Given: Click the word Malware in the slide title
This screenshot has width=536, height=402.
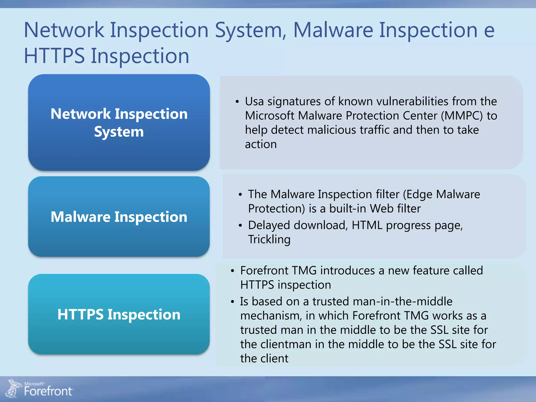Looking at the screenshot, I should [x=333, y=30].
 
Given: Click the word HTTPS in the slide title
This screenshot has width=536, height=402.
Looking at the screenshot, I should [x=54, y=56].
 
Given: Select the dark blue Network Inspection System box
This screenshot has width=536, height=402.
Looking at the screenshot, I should [x=119, y=122].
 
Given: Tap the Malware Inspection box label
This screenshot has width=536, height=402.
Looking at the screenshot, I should [x=119, y=217].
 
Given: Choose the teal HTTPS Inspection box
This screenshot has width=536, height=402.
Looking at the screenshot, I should [x=119, y=314].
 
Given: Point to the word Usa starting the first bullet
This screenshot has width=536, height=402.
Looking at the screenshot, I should [x=254, y=101].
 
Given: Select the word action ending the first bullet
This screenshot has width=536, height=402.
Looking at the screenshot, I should [x=261, y=144].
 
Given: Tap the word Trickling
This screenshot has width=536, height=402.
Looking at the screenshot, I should [x=269, y=239].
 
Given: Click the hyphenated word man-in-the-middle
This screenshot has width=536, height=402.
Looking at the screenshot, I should [x=403, y=301].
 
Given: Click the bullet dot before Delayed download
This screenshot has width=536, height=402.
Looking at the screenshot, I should [x=240, y=226].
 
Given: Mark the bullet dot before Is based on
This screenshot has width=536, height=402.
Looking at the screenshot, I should [x=232, y=302].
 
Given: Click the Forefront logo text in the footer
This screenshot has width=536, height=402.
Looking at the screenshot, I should [x=48, y=391].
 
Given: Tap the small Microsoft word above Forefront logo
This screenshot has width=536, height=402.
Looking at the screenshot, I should [x=34, y=384].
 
